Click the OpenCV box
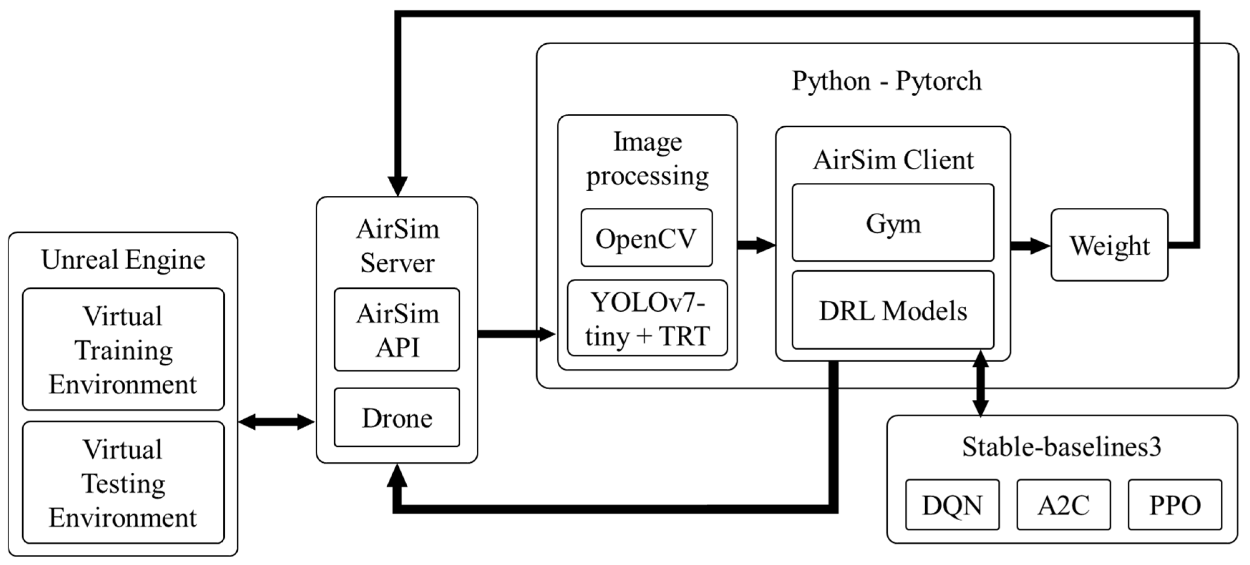tap(646, 238)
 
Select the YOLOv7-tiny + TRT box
tap(647, 318)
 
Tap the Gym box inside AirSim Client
tap(893, 223)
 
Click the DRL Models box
tap(893, 310)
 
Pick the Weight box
tap(1109, 245)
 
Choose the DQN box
tap(952, 505)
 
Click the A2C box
tap(1064, 505)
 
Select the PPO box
tap(1175, 505)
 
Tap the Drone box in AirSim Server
tap(397, 418)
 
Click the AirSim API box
tap(397, 330)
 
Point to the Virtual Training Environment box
tap(123, 350)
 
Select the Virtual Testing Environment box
tap(123, 483)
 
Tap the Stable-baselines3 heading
tap(1062, 447)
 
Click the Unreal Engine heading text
tap(123, 259)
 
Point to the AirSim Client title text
tap(893, 160)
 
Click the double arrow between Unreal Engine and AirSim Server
tap(277, 422)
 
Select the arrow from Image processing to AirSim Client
tap(756, 245)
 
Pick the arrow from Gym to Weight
tap(1030, 246)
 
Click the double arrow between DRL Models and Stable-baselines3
tap(981, 383)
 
